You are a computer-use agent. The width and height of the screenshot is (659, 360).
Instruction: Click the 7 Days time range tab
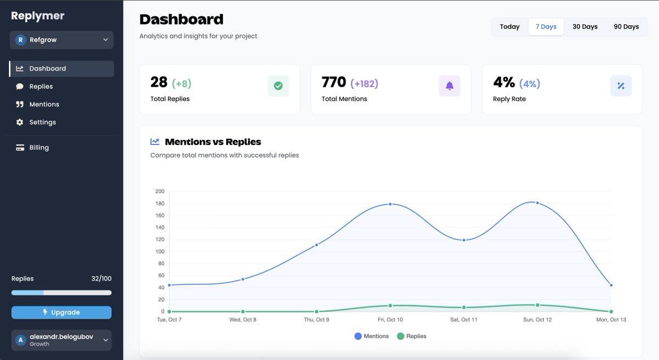(546, 27)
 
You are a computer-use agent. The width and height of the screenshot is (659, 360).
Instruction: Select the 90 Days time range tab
(626, 27)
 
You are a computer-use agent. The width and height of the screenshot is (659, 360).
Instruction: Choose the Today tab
(510, 27)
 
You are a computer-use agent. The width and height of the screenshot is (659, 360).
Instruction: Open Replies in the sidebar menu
(41, 87)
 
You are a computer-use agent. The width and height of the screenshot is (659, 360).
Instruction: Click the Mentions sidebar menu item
(44, 104)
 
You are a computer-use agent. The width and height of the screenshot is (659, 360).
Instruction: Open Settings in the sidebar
(42, 122)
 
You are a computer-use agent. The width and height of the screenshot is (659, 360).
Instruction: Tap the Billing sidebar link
(38, 148)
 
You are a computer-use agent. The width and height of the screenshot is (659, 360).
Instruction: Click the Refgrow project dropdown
(62, 40)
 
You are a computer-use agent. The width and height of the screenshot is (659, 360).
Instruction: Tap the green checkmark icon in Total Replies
(278, 86)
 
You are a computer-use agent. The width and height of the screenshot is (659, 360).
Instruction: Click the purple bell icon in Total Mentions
(449, 86)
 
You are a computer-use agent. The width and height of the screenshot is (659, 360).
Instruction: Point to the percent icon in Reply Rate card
(621, 86)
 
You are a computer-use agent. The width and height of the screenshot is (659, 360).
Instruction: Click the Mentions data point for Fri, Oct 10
(390, 204)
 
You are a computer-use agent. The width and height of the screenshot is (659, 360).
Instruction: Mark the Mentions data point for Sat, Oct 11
(464, 240)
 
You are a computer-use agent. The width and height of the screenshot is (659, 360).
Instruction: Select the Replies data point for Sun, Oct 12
(537, 305)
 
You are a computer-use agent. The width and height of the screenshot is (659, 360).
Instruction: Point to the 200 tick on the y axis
(160, 192)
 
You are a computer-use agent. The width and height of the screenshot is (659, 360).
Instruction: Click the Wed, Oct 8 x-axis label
(243, 320)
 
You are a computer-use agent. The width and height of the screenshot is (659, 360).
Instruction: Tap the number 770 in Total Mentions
(334, 82)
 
